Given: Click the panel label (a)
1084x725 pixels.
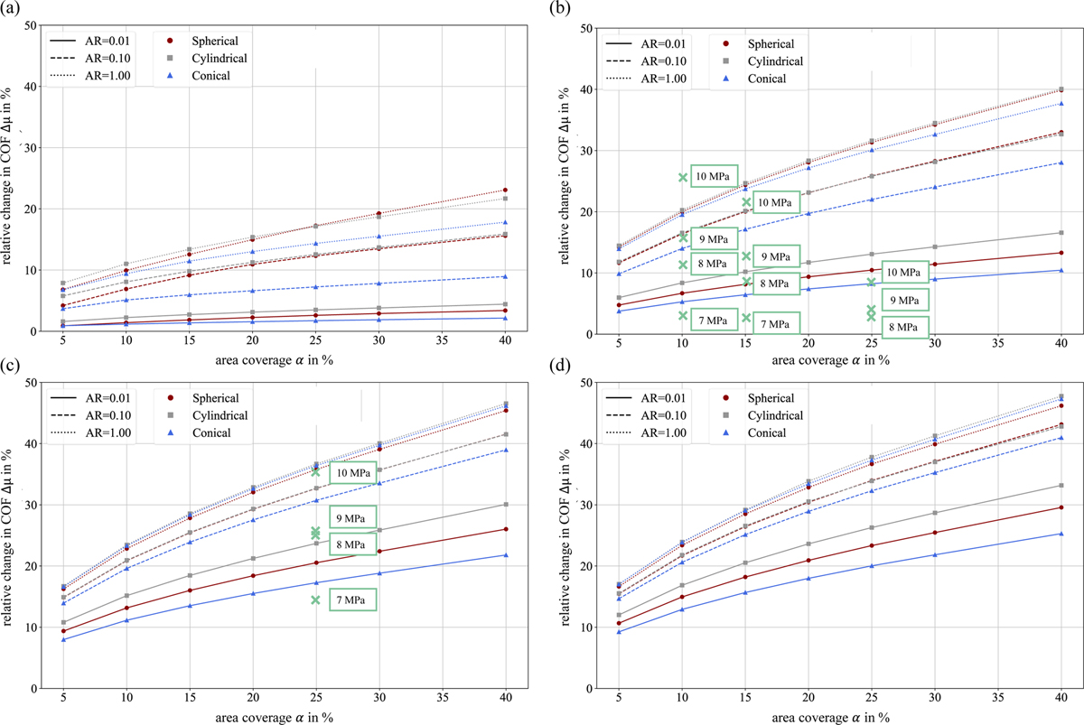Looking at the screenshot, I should point(13,10).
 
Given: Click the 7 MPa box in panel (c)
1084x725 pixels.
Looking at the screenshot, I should point(352,599).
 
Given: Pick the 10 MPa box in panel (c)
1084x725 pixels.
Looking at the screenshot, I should point(352,473).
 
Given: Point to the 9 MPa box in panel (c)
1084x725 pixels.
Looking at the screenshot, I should point(352,518).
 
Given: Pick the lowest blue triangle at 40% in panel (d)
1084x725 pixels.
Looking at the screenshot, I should point(1060,534).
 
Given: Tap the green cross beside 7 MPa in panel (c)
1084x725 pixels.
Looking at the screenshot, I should point(315,600).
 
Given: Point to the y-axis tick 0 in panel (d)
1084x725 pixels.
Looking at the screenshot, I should point(587,688).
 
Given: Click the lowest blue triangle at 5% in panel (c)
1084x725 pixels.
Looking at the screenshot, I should point(62,639).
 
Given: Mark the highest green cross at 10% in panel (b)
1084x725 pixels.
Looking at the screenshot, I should point(683,177).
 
